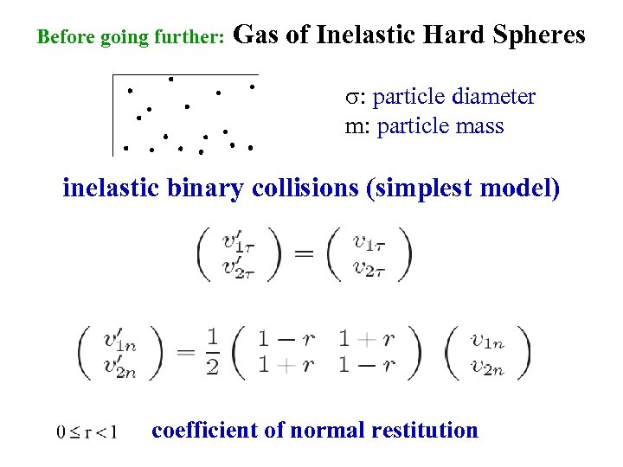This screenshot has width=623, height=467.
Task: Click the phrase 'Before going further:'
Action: pos(132,38)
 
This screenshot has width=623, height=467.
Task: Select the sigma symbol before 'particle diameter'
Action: pos(350,98)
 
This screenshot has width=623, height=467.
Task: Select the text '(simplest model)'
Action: pos(463,188)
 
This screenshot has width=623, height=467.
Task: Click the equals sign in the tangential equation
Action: pos(304,254)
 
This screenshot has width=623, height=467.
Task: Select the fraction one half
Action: pos(213,351)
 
